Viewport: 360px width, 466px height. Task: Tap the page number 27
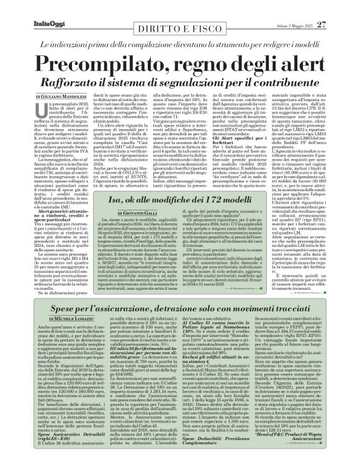(338, 7)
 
